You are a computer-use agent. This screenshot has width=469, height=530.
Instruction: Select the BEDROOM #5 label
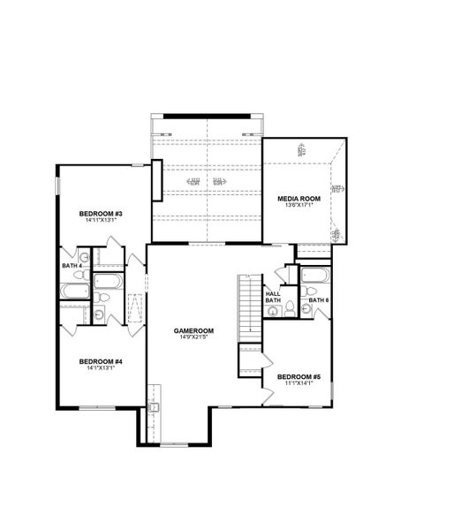click(299, 377)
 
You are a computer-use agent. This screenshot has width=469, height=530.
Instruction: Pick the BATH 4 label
click(72, 265)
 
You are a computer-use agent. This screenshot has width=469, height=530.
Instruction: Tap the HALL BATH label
click(273, 297)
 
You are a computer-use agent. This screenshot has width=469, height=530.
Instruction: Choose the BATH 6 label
click(319, 301)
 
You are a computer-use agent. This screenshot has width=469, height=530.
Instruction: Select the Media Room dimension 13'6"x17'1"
click(299, 206)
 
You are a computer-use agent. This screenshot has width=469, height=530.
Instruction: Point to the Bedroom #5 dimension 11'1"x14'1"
click(299, 384)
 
